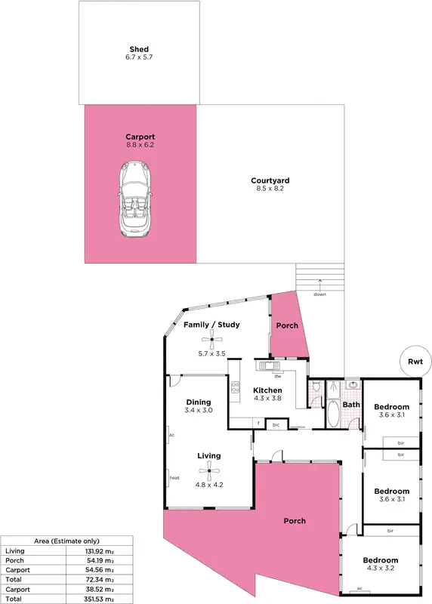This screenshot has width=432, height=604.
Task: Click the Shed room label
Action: pos(139,51)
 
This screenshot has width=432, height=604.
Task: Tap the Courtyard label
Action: pos(270,181)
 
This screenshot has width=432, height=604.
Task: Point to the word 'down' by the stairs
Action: pos(320,294)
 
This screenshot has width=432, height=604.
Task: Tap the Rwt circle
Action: pos(414,361)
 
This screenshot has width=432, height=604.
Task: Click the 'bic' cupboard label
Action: pos(276,425)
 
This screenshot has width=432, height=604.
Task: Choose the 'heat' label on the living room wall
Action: pos(173,478)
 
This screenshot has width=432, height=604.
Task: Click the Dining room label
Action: pos(199,402)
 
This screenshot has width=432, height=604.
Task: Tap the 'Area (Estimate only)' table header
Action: pos(66,541)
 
